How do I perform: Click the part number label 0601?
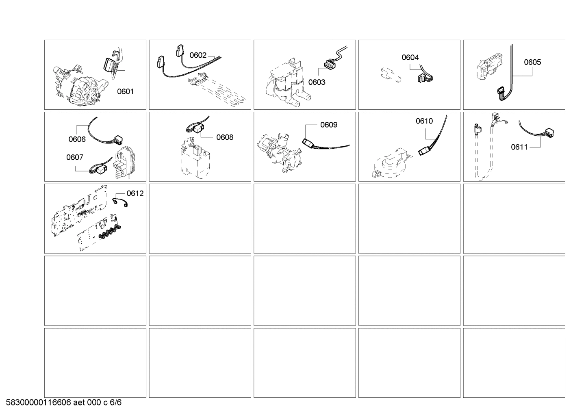125,92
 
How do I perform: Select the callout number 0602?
198,56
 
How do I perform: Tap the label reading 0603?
317,82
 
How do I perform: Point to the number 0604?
410,58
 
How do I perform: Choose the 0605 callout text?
532,62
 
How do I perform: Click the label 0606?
77,139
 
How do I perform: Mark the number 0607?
75,157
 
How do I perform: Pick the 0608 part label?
225,137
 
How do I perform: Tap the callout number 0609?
329,125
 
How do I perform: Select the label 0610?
424,121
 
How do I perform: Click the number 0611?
519,147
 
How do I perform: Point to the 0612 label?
135,193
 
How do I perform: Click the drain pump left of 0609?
280,150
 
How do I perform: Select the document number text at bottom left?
64,403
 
